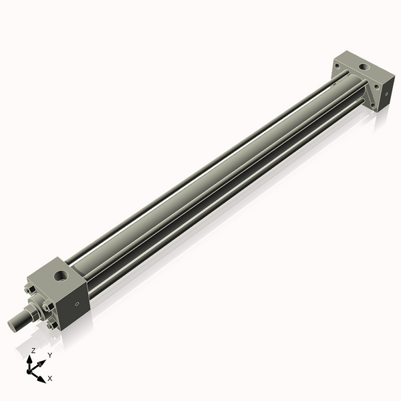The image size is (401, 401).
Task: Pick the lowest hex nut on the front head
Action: [x=51, y=325]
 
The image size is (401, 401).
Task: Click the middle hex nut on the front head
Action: [x=46, y=307]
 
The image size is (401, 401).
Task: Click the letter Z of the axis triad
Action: [x=33, y=350]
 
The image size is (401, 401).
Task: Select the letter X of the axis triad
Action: [x=50, y=378]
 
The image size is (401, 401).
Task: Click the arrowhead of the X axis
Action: [x=41, y=379]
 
